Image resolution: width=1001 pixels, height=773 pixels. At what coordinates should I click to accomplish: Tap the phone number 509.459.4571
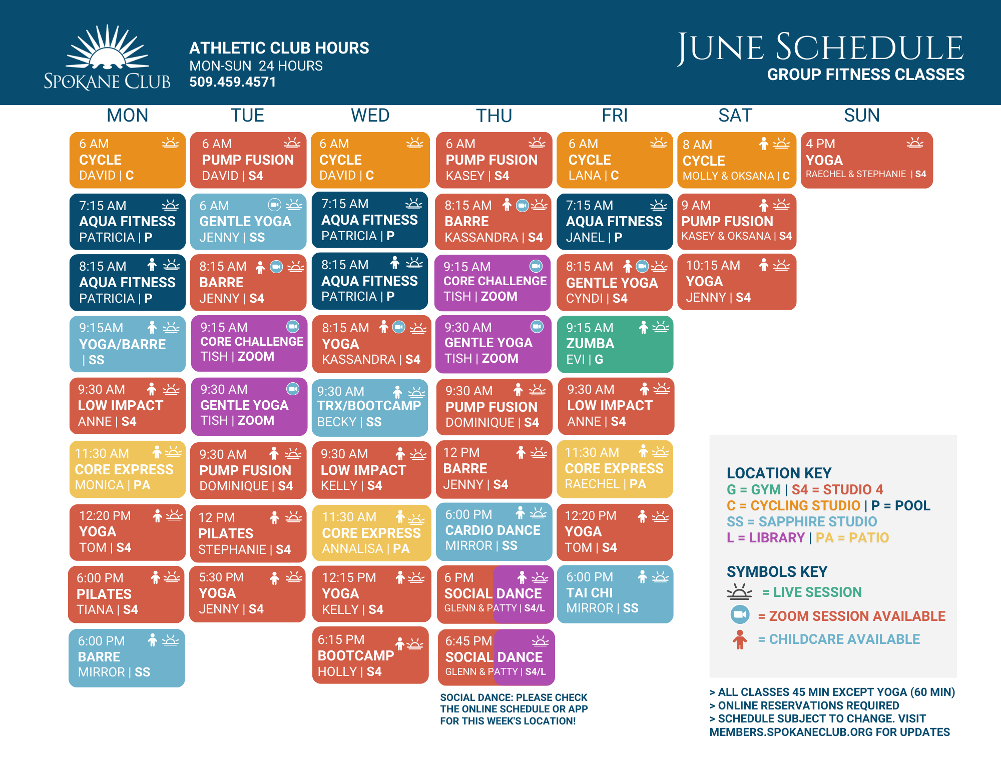pos(233,82)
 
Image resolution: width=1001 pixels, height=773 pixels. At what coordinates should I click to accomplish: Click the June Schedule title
pos(820,48)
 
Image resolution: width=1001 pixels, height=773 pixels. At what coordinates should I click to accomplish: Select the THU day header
pos(494,116)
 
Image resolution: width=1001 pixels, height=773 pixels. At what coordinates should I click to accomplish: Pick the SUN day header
pos(862,116)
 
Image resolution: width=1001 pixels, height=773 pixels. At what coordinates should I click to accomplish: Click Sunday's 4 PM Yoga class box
pos(867,160)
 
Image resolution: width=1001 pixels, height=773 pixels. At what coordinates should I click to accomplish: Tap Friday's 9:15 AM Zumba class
pos(615,344)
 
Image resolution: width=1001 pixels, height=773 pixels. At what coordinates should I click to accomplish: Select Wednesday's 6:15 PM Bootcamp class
pos(370,655)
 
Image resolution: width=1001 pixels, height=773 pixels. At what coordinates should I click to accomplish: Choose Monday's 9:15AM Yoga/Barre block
pos(128,344)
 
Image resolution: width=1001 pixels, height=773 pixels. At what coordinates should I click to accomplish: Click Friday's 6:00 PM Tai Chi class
pos(615,594)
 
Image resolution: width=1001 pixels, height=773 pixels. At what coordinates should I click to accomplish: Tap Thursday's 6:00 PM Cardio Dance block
pos(494,532)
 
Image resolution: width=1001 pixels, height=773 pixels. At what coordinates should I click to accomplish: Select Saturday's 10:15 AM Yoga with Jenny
pos(737,282)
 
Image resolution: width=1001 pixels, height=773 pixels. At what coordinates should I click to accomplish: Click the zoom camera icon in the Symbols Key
pos(740,614)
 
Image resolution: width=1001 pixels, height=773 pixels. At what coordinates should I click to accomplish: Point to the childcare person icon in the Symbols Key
pos(740,639)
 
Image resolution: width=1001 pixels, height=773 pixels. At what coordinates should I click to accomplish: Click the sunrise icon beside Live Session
pos(739,592)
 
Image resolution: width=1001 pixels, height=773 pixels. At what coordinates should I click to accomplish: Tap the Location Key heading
pos(779,473)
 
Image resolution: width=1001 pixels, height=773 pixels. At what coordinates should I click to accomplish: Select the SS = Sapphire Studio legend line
pos(802,521)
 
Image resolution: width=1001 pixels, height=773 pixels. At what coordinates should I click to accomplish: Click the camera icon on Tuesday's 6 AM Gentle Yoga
pos(275,205)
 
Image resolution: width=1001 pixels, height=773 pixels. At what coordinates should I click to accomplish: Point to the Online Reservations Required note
pos(804,705)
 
